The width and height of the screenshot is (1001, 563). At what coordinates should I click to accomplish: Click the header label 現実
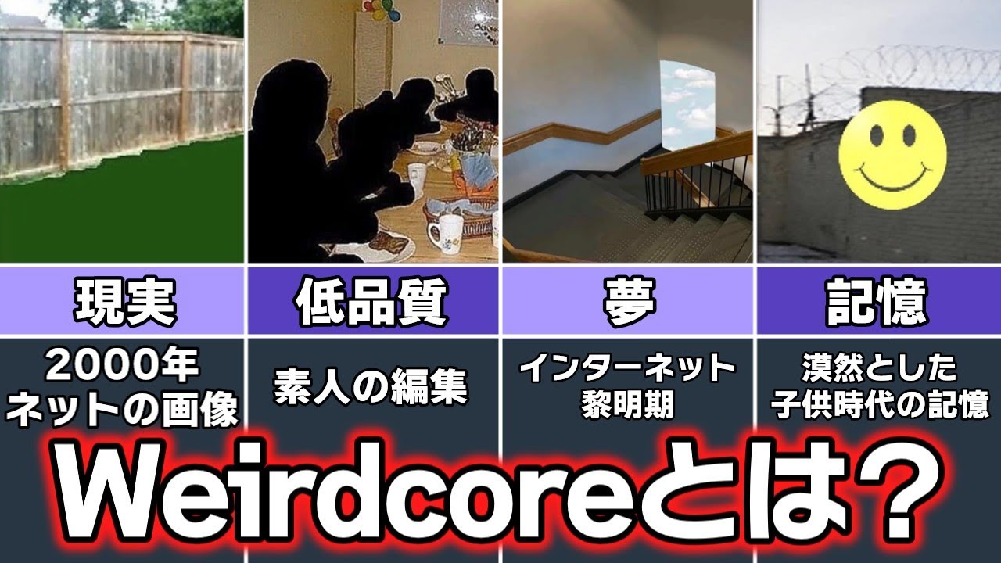click(124, 301)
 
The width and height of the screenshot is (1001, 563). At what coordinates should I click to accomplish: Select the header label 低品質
click(372, 301)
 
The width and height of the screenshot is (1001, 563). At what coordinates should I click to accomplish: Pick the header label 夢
click(627, 301)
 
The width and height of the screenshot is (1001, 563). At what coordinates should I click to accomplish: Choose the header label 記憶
click(877, 301)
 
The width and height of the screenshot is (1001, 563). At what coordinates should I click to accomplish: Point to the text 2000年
click(123, 365)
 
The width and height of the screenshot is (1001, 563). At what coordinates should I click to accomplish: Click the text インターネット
click(627, 367)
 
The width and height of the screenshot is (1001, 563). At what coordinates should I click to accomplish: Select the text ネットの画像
click(123, 408)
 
